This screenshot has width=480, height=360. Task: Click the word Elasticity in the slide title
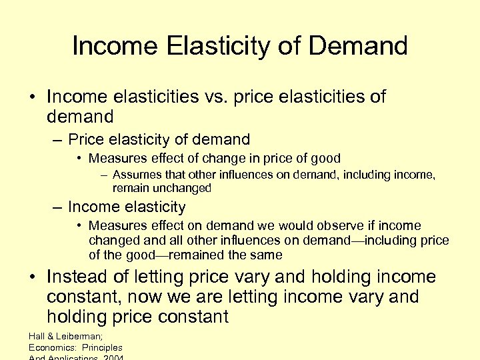[220, 46]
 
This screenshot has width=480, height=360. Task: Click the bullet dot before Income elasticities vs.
[32, 97]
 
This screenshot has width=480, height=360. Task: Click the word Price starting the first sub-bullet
[86, 140]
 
